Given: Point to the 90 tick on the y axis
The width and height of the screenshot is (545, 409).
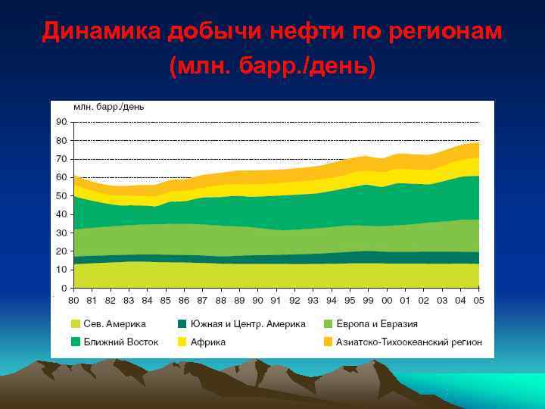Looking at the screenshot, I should point(61,122).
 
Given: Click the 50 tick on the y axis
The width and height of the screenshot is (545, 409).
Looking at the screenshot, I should point(61,195).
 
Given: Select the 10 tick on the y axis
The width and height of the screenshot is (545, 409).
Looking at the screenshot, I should point(61,269).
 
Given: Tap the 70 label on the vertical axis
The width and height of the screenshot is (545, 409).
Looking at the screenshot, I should point(61,159).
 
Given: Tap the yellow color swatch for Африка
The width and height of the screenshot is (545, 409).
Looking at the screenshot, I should point(182,342).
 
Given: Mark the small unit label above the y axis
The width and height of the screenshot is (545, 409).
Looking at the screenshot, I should point(108,107).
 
